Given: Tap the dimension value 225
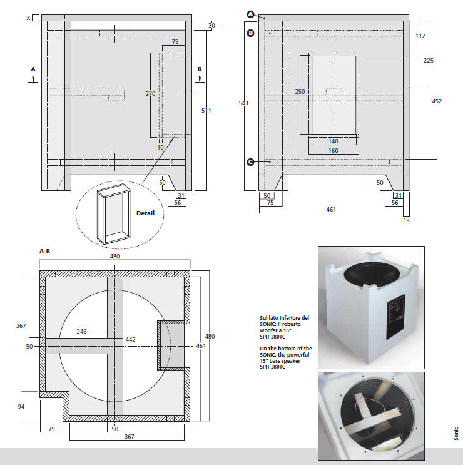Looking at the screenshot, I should (428, 61).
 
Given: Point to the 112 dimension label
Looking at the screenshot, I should (420, 36).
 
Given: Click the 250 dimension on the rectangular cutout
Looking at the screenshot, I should (300, 92).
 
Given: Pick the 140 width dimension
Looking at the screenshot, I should (333, 141).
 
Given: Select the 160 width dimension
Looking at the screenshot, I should (333, 151).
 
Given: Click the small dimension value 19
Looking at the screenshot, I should (406, 220).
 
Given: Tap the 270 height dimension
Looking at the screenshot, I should (150, 93).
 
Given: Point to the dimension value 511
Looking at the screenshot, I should (206, 111).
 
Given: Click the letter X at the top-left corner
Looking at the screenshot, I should (28, 18).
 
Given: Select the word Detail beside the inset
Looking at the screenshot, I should (145, 213).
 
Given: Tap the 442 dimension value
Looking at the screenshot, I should (131, 339).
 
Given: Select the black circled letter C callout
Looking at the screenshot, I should (250, 162).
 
